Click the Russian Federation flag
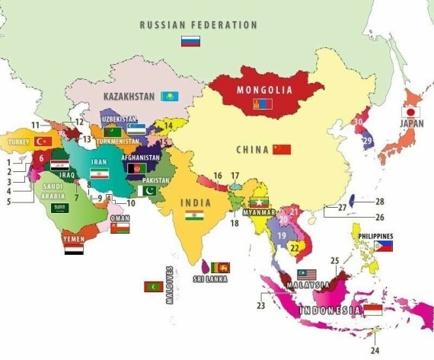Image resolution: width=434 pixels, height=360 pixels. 190,41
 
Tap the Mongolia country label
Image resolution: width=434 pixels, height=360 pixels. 264,90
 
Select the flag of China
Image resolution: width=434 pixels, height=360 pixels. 282,149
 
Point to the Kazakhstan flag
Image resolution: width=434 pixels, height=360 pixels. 169,97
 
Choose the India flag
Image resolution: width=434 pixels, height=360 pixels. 194,215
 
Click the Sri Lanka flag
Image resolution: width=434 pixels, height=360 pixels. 220,268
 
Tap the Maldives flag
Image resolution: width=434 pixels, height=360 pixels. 153,287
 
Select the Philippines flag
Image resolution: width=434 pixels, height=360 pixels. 384,247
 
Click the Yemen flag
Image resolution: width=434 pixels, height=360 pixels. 74,249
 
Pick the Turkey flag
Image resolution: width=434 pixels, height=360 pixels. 43,142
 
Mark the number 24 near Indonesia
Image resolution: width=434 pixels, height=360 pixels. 375,350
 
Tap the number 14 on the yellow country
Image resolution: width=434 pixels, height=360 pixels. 168,125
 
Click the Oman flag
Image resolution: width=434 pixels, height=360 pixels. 120,227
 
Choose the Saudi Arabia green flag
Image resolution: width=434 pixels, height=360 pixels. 59,207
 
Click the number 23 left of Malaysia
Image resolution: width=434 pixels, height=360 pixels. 261,306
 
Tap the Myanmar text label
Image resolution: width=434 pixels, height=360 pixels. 260,212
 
